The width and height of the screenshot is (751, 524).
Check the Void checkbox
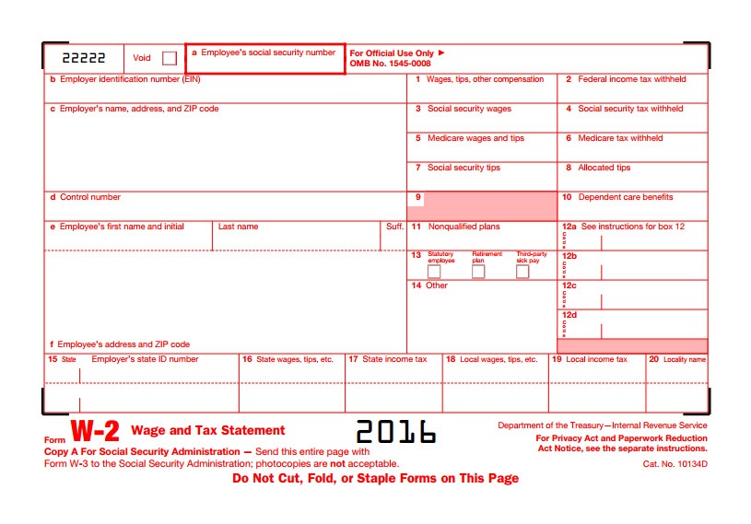click(x=169, y=58)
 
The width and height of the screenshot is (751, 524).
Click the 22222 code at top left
click(x=84, y=57)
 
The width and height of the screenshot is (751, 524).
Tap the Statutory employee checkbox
click(x=434, y=272)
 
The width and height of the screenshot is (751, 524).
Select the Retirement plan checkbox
click(x=478, y=272)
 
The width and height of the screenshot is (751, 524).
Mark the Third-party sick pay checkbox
click(x=522, y=272)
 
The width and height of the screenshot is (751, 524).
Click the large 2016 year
click(x=395, y=431)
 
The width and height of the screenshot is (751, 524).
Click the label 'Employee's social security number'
click(x=268, y=53)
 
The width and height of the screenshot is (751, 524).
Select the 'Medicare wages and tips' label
click(x=475, y=138)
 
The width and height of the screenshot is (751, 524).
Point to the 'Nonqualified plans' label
click(x=464, y=227)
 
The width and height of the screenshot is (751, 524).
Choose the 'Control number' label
click(x=90, y=197)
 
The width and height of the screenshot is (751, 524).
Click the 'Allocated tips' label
click(x=604, y=168)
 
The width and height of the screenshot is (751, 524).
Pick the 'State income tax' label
click(x=394, y=359)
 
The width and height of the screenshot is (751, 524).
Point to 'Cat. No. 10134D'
click(x=675, y=464)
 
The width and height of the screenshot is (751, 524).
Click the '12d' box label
click(x=569, y=315)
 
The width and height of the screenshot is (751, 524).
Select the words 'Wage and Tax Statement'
click(x=208, y=430)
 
